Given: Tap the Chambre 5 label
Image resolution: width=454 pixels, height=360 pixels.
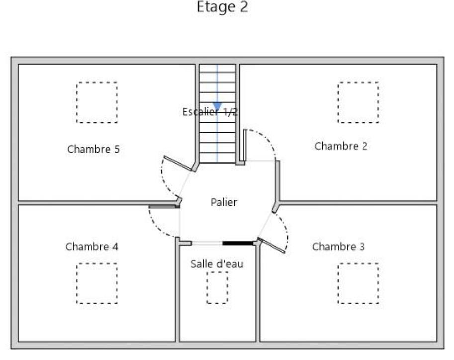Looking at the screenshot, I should pos(93,149).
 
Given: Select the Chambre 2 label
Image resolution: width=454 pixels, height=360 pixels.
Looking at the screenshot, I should pos(341,146).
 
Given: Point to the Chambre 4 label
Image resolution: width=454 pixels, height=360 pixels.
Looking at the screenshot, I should pos(92,247).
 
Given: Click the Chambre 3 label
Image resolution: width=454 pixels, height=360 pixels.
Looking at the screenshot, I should pos(339,247).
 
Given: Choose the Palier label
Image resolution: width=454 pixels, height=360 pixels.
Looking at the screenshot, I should pos(224,202).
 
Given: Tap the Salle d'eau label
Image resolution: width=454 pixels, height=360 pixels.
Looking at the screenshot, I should pos(217,264).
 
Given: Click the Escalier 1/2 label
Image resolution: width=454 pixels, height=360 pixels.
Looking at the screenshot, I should pos(210,112).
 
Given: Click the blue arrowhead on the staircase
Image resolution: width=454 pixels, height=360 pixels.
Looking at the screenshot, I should pos(217,106).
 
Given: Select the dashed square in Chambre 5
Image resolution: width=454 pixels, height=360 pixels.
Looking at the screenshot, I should pos(97,102).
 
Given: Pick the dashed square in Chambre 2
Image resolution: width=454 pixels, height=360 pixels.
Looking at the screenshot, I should pos(358,102).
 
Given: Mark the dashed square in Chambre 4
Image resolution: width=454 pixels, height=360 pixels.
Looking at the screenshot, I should pos(97,283).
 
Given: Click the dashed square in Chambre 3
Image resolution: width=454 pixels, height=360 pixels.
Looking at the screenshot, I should pos(358,283).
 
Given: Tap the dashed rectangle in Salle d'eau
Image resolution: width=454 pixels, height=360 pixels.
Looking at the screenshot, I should pos(217,288).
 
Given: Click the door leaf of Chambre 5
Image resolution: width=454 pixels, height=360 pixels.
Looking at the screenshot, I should pos(178,163).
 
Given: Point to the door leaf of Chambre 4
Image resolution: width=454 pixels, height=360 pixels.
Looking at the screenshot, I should pos(164,206).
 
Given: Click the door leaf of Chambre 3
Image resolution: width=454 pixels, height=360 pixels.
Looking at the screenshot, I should pos(272,246).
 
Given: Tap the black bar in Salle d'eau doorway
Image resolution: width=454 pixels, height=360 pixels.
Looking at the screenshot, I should pos(238,243).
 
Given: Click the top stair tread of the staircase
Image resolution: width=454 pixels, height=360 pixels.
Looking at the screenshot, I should pos(217,68).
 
